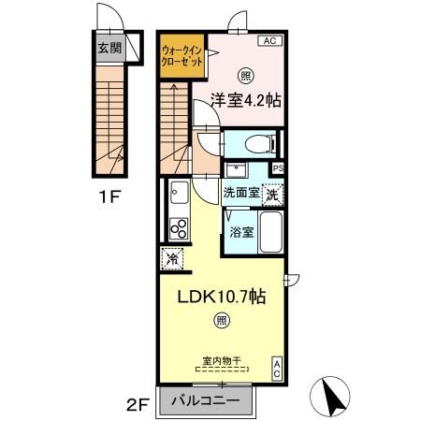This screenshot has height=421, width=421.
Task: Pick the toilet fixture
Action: pos(254,144)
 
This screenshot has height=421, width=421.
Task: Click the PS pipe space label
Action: pos(278,167)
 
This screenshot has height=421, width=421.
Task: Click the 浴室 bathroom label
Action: pos(241,231)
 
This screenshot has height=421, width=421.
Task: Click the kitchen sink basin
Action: pos(177,194)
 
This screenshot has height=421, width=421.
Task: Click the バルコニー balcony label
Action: pos(211,403)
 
